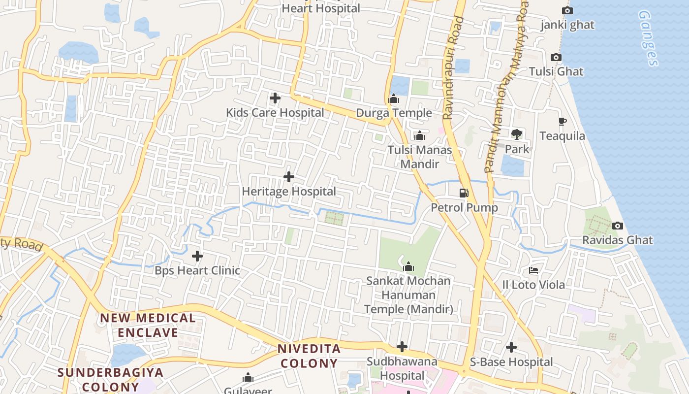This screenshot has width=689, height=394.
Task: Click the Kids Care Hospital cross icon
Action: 275,98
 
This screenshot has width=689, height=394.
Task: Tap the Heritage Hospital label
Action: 289,191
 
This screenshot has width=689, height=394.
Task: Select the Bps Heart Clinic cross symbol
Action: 197,256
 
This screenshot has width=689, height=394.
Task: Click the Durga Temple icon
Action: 394,99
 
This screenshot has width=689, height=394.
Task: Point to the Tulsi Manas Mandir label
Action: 420,157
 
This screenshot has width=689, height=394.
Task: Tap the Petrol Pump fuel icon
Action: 464,193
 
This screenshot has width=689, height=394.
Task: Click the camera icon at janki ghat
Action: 567,10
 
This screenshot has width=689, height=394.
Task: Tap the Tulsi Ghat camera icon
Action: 556,58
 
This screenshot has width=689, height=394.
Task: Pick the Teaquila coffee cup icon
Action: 563,122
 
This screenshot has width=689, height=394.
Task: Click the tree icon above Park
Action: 517,134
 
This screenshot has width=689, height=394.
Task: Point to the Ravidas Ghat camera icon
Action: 618,226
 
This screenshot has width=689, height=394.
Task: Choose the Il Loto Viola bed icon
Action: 533,270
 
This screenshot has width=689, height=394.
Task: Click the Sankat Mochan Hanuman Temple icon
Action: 408,267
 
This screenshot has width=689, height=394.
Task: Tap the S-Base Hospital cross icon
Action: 511,347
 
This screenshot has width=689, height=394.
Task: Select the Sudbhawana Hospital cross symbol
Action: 402,347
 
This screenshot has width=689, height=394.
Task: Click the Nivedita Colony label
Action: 309,356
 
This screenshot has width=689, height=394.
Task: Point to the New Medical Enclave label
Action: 148,325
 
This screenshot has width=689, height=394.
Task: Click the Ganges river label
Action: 648,38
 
